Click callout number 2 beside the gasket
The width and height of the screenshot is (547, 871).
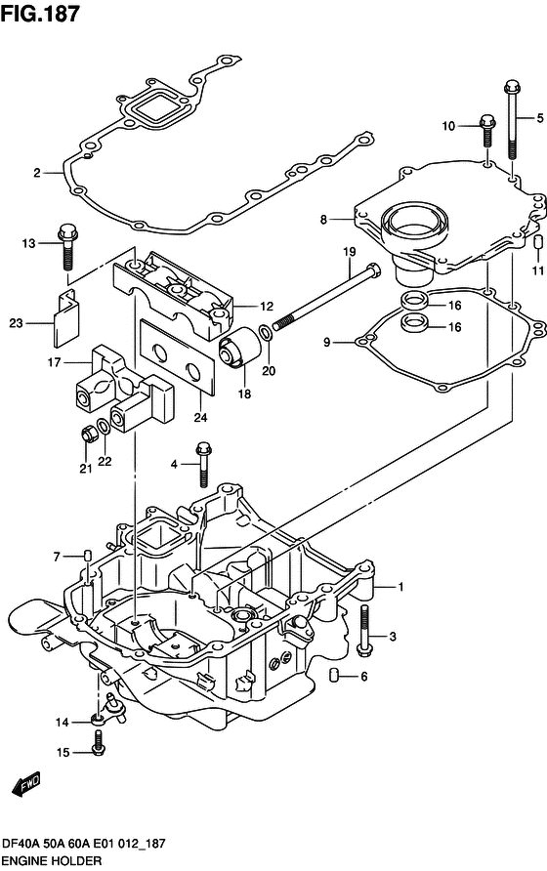tap(36, 173)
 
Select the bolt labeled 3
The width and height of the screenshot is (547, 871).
tap(365, 629)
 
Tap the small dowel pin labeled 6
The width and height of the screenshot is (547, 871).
tap(334, 677)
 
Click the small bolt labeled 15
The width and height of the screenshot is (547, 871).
tap(95, 750)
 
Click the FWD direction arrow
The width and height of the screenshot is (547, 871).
tap(25, 784)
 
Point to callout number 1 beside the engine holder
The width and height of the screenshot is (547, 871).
tap(400, 587)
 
